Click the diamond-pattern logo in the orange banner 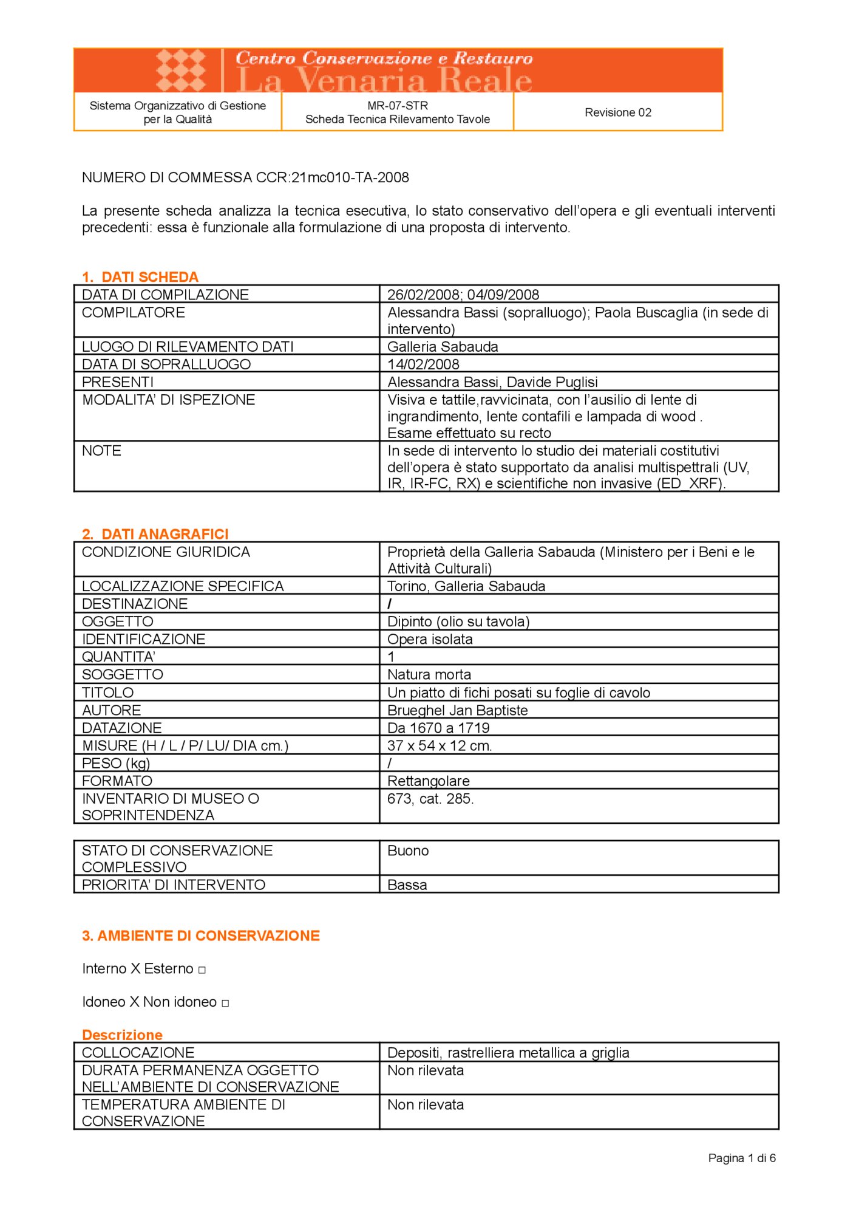pyautogui.click(x=180, y=70)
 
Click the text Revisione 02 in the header pyautogui.click(x=617, y=112)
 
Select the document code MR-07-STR pyautogui.click(x=397, y=106)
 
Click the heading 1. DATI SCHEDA pyautogui.click(x=140, y=277)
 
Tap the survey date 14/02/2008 pyautogui.click(x=423, y=364)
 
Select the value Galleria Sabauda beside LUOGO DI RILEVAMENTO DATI pyautogui.click(x=443, y=347)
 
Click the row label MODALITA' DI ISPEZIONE pyautogui.click(x=168, y=400)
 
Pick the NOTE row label pyautogui.click(x=101, y=451)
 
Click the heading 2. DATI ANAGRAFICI pyautogui.click(x=155, y=534)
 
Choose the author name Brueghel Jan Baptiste pyautogui.click(x=457, y=710)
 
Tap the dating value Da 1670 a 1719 pyautogui.click(x=438, y=728)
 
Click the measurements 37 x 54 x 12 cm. pyautogui.click(x=440, y=745)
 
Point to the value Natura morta pyautogui.click(x=429, y=674)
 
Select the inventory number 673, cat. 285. pyautogui.click(x=430, y=799)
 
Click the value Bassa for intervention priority pyautogui.click(x=407, y=885)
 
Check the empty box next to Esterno pyautogui.click(x=202, y=970)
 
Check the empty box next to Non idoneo pyautogui.click(x=225, y=1004)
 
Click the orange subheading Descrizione pyautogui.click(x=122, y=1035)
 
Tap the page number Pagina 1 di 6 pyautogui.click(x=741, y=1159)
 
